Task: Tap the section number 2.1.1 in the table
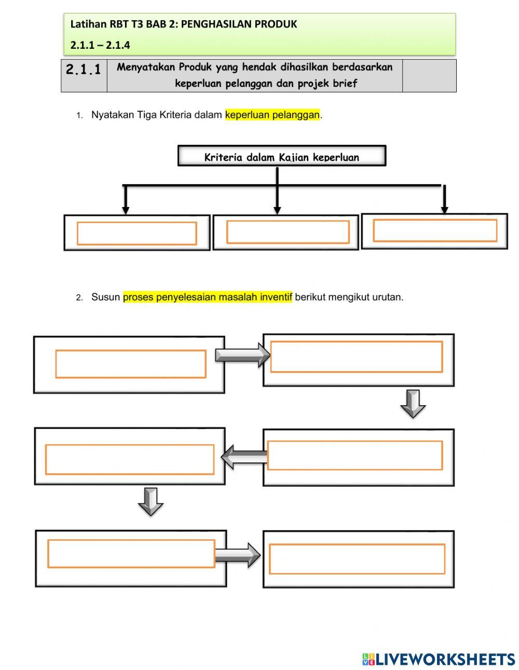point(84,70)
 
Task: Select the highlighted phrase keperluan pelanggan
point(272,115)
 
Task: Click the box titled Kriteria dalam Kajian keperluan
point(282,156)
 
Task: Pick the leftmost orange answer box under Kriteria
point(136,233)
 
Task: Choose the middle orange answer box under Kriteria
point(288,232)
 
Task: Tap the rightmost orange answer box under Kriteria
point(435,230)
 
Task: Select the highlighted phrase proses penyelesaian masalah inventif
point(208,297)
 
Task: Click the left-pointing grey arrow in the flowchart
point(244,457)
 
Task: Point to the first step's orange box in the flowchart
point(131,364)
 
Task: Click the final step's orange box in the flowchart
point(357,559)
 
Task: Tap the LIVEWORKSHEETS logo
point(439,659)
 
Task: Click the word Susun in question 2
point(105,297)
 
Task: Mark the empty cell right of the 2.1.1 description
point(429,76)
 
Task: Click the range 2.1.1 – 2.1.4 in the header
point(100,45)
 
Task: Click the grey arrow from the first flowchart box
point(242,355)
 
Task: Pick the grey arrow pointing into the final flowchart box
point(237,555)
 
